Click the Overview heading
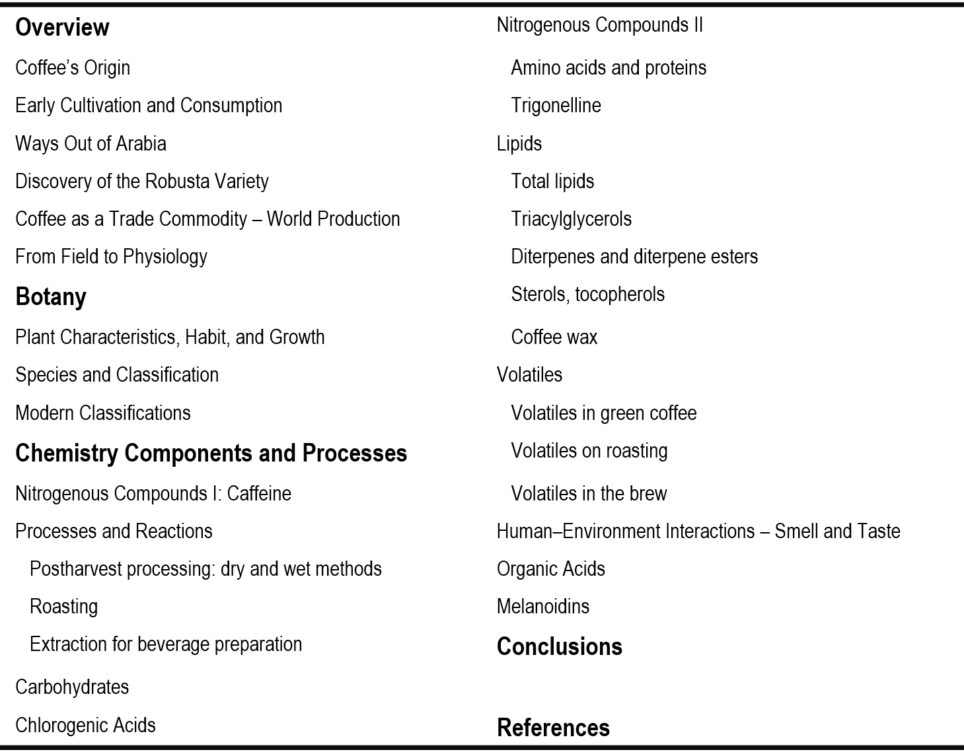62,28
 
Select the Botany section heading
51,297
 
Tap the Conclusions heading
559,646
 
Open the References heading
553,728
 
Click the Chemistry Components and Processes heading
211,454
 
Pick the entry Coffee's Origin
73,68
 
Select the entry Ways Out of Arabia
91,144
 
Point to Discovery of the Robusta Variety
142,182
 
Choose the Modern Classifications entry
103,413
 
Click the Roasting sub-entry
64,607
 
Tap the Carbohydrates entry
72,687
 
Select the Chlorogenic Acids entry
85,725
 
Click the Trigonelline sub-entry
556,106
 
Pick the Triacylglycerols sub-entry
571,219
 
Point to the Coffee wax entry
554,337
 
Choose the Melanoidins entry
542,607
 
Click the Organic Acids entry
550,569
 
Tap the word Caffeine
259,494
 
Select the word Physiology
165,257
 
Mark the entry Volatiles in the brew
589,494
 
